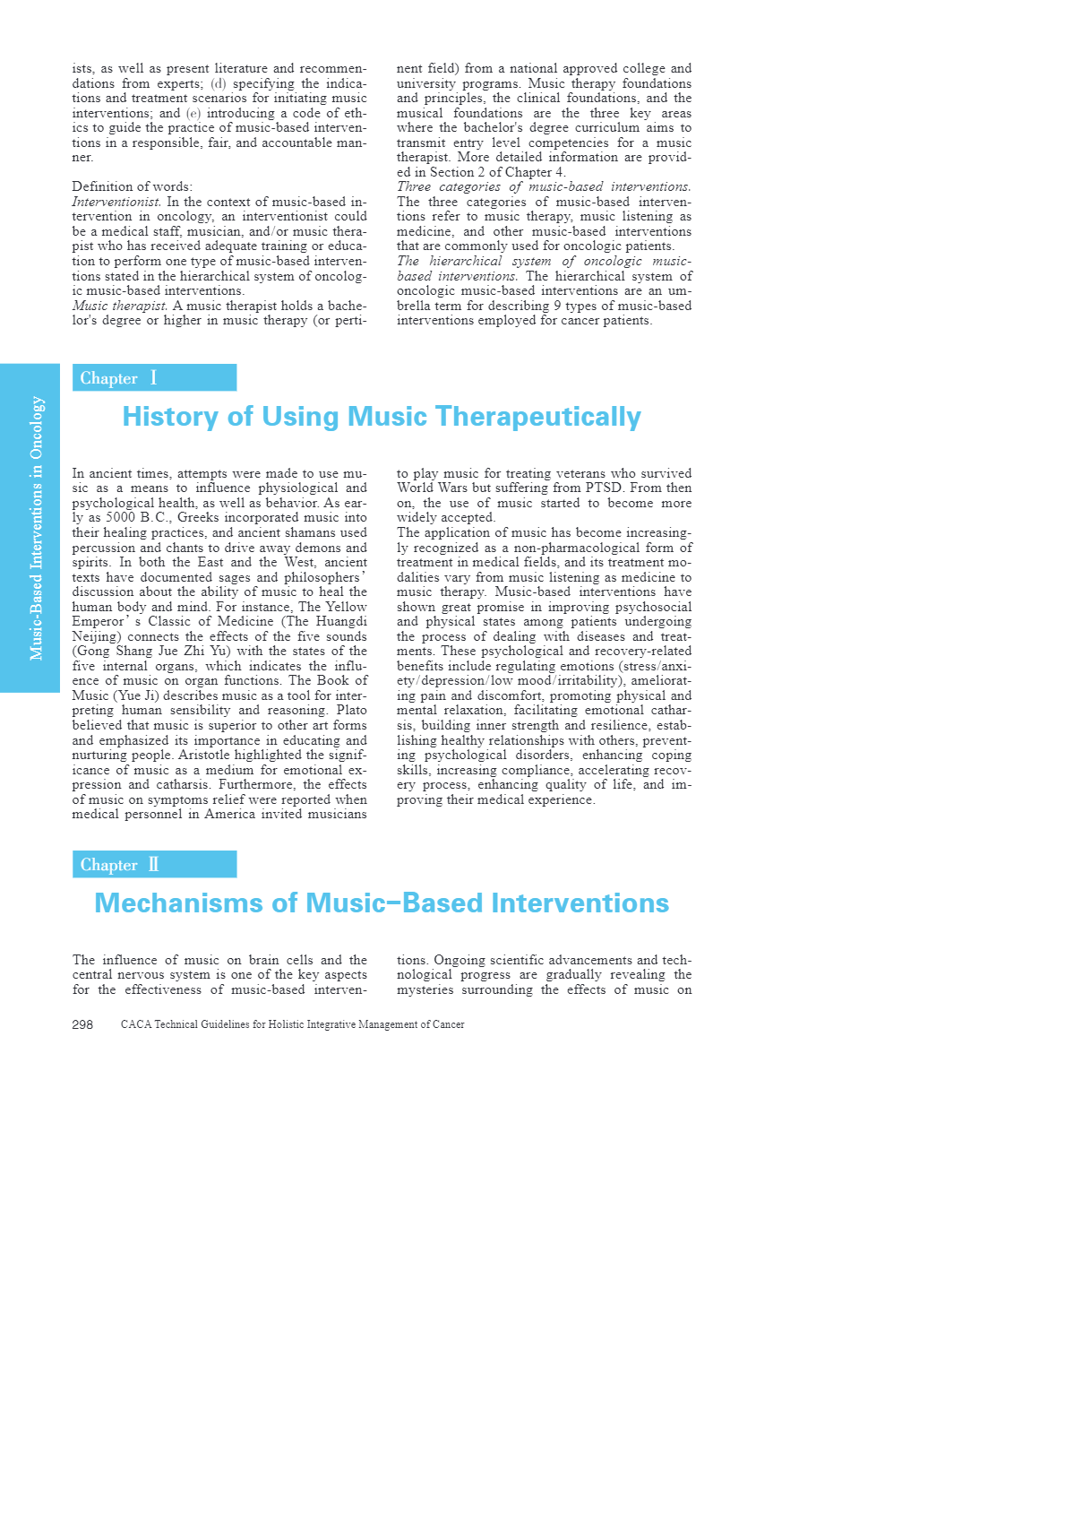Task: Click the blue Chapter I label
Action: click(154, 378)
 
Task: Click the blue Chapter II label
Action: click(154, 865)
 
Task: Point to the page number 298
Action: click(82, 1024)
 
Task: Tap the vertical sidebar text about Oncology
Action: click(37, 528)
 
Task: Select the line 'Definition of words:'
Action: click(132, 186)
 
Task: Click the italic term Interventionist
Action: click(116, 202)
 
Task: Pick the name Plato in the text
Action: click(351, 711)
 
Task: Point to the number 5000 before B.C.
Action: click(121, 518)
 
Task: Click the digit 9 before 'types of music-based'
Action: click(557, 306)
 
